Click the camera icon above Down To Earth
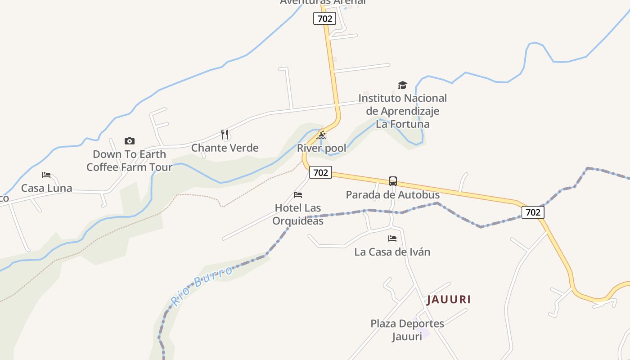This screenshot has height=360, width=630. tap(130, 141)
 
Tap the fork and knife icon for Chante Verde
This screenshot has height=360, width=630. tap(225, 134)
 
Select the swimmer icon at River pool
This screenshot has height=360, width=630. tap(321, 135)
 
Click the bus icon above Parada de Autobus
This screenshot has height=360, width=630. tap(393, 181)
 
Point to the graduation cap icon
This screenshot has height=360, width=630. tap(402, 85)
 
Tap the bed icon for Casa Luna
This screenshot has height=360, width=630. tap(46, 175)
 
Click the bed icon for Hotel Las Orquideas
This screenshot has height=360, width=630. tap(298, 195)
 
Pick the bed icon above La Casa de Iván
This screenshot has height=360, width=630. tap(392, 238)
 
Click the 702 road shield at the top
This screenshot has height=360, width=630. tap(324, 18)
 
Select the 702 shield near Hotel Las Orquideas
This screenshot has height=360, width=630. tap(320, 172)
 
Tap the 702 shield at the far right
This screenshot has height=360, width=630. tap(533, 212)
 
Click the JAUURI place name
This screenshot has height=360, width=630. tap(449, 300)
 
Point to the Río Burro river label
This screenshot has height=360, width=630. tap(202, 285)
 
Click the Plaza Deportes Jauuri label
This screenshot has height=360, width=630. tap(407, 330)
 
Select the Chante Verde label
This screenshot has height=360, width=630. tap(225, 148)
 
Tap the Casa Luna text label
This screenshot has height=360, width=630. tap(47, 188)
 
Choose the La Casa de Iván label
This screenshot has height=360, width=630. tap(392, 252)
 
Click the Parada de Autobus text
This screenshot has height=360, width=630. tap(393, 195)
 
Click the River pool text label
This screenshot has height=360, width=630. tap(322, 148)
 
